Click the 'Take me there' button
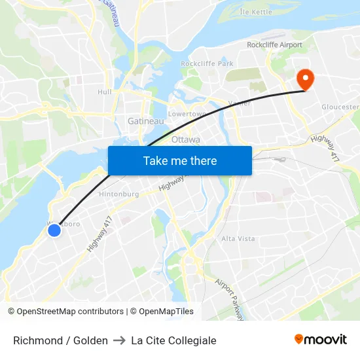pyautogui.click(x=180, y=160)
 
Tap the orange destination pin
pyautogui.click(x=305, y=80)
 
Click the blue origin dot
pyautogui.click(x=54, y=230)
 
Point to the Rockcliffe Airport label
pyautogui.click(x=274, y=45)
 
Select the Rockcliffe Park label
pyautogui.click(x=207, y=63)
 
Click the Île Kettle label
pyautogui.click(x=256, y=12)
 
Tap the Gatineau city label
pyautogui.click(x=141, y=122)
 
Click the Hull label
pyautogui.click(x=105, y=92)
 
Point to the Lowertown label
pyautogui.click(x=188, y=113)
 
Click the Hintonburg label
pyautogui.click(x=118, y=194)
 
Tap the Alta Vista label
pyautogui.click(x=237, y=239)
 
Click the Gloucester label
pyautogui.click(x=340, y=107)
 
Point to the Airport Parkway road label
pyautogui.click(x=230, y=300)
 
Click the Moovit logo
pyautogui.click(x=320, y=340)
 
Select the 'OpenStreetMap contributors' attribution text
pyautogui.click(x=70, y=312)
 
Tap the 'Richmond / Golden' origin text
pyautogui.click(x=60, y=340)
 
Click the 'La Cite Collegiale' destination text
pyautogui.click(x=173, y=340)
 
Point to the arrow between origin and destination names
pyautogui.click(x=119, y=340)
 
